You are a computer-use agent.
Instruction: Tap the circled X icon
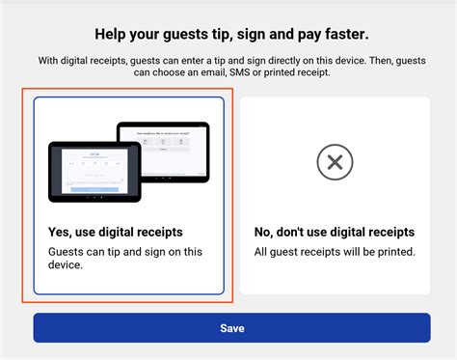point(335,162)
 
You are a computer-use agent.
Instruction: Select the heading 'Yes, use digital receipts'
point(115,233)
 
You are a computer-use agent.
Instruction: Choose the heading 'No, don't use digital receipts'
point(335,233)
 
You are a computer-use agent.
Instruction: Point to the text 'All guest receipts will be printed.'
point(335,252)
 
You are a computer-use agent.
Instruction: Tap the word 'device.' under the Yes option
point(66,265)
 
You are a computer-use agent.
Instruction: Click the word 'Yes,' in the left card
point(61,233)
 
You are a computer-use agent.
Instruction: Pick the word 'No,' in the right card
point(265,233)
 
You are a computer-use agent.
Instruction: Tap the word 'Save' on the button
point(232,328)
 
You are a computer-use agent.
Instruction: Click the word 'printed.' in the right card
point(393,252)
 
